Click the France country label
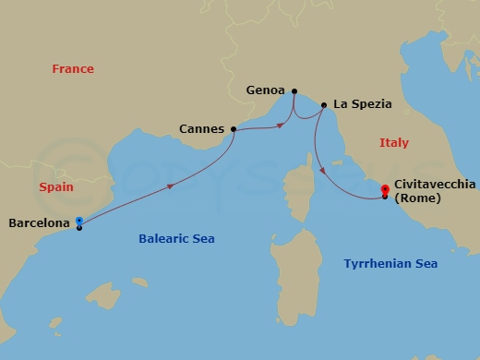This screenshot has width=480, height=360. point(73,69)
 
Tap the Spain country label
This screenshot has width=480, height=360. point(56,187)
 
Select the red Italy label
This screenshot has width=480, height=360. point(393,143)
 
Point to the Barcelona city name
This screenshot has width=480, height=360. point(39,223)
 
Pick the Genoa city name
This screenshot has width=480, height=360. point(266,91)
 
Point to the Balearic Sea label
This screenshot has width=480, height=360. point(176,239)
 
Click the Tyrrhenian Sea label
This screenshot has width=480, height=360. point(390,264)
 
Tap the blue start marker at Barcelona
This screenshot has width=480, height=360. point(79,221)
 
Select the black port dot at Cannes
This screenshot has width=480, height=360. point(233,129)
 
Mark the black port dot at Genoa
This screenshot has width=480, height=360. point(294,91)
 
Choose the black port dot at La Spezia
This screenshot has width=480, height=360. point(323,105)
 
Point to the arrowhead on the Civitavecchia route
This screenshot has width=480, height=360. point(321,170)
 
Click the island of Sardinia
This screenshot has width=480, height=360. point(301,258)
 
